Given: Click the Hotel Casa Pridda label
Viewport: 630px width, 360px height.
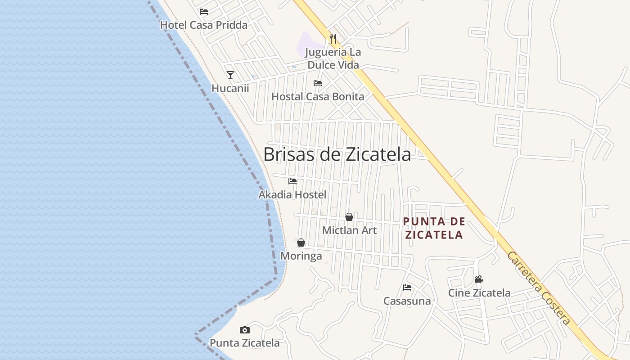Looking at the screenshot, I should [x=204, y=25].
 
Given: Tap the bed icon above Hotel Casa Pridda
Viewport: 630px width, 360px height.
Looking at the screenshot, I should [x=204, y=12].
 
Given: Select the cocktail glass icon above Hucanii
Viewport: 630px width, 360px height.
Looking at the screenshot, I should [x=230, y=75].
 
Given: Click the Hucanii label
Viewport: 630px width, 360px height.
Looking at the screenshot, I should [x=230, y=88].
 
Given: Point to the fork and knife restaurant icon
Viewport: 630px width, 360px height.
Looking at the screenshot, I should [x=333, y=39].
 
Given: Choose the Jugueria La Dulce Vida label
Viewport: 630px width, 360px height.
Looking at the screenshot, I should [x=333, y=58].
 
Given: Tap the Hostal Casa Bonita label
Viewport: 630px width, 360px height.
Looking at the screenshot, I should [x=318, y=96].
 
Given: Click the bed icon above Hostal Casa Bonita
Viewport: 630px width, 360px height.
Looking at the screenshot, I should [x=318, y=83].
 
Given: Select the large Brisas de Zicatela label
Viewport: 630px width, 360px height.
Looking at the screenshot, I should [x=337, y=154].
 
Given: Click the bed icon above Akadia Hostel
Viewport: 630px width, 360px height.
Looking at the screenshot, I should [x=292, y=181].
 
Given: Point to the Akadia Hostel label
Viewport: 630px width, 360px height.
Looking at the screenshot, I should [x=292, y=195].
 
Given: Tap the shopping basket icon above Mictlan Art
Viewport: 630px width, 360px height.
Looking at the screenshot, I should [x=349, y=217].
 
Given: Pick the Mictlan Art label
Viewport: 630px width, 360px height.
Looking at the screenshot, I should [x=349, y=230].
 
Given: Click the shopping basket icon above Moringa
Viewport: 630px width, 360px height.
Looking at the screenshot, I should [x=301, y=243].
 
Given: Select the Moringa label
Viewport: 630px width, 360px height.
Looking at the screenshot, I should [x=301, y=256].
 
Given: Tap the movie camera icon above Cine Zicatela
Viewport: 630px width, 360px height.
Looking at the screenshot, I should [x=479, y=279].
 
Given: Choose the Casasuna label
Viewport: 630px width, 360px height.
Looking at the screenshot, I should [x=407, y=301].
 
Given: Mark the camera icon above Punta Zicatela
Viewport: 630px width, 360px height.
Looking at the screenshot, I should [x=245, y=330].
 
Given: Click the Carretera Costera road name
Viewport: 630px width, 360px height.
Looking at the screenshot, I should [x=539, y=288].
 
